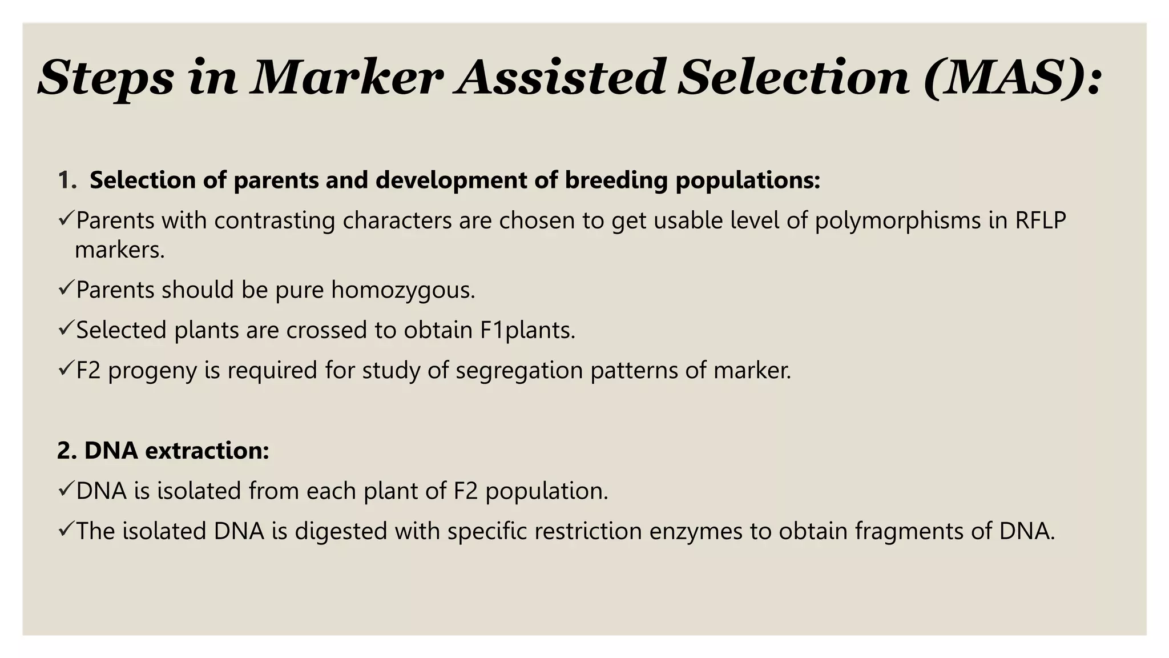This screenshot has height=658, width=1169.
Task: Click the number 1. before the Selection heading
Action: coord(67,180)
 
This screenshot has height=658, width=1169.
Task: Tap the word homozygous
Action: coord(402,290)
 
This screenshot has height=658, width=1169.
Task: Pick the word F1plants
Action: coord(527,330)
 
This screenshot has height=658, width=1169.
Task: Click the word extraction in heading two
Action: coord(207,451)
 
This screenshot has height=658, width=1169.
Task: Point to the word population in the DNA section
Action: coord(546,491)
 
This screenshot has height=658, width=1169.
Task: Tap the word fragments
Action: coord(909,531)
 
